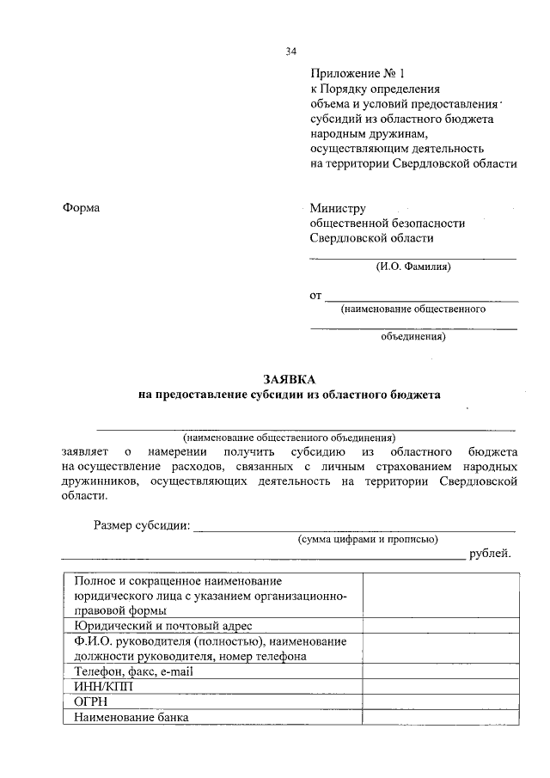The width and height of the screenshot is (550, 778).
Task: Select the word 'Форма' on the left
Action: coord(81,208)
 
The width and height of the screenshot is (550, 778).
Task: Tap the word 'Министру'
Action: coord(338,208)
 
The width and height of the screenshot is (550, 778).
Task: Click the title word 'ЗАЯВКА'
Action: coord(289,379)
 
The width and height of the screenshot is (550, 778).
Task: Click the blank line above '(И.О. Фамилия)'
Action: coord(412,257)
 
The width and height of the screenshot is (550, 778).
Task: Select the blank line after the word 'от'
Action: coord(421,299)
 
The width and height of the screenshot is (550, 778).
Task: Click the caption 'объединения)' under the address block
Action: coord(412,337)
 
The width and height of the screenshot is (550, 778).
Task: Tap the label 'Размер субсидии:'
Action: coord(142,526)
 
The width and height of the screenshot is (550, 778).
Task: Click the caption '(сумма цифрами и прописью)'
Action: coord(368,539)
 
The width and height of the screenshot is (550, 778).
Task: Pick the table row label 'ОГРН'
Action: coord(90,702)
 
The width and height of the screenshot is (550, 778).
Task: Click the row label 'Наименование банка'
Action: coord(131,718)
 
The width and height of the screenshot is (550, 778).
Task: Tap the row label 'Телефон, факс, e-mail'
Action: coord(136,671)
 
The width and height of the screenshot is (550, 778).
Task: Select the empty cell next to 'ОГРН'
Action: coord(441,702)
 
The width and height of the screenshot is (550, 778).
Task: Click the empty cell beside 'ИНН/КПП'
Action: coord(441,687)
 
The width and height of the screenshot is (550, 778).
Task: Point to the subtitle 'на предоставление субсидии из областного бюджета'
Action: coord(289,395)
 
